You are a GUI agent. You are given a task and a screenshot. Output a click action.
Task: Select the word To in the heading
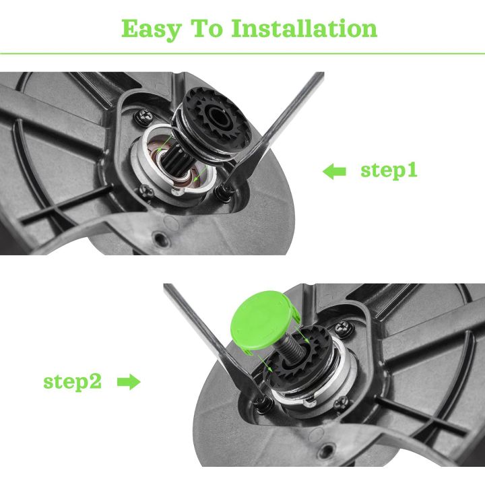pyautogui.click(x=212, y=28)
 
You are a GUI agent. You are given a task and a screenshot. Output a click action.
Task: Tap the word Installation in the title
pyautogui.click(x=304, y=28)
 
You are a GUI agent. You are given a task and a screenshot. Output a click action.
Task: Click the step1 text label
pyautogui.click(x=389, y=170)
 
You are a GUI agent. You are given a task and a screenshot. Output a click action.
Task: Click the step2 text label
pyautogui.click(x=73, y=382)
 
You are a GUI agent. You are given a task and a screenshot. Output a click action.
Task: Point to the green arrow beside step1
pyautogui.click(x=334, y=172)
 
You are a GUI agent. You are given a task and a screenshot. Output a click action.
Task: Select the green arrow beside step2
pyautogui.click(x=129, y=383)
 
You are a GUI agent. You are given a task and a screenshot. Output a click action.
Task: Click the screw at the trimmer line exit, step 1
pyautogui.click(x=222, y=193)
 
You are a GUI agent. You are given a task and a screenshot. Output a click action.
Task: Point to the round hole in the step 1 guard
pyautogui.click(x=160, y=237)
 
